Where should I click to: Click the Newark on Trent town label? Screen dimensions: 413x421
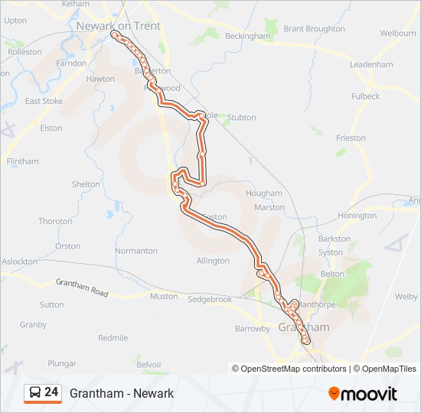tap(118, 26)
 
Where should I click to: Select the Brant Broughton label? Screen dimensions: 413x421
tap(314, 29)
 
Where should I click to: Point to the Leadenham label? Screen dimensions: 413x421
tap(371, 65)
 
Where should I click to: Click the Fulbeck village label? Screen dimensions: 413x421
tap(365, 96)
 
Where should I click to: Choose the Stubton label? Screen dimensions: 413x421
tap(241, 118)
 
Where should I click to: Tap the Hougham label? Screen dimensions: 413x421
tap(264, 194)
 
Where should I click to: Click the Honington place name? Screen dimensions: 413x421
tap(357, 216)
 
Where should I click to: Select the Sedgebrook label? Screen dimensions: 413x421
tap(210, 299)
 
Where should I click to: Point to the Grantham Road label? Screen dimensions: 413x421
tap(83, 288)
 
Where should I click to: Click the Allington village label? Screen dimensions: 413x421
tap(213, 261)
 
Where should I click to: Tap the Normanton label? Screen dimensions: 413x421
tap(136, 251)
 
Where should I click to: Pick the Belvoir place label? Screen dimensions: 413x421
tap(149, 366)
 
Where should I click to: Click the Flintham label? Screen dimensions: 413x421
tap(22, 162)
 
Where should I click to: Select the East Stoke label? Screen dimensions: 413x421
tap(44, 101)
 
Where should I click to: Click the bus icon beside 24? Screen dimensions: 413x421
tap(34, 393)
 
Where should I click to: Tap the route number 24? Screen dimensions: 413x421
tap(51, 392)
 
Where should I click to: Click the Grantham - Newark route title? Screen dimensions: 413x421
tap(122, 393)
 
